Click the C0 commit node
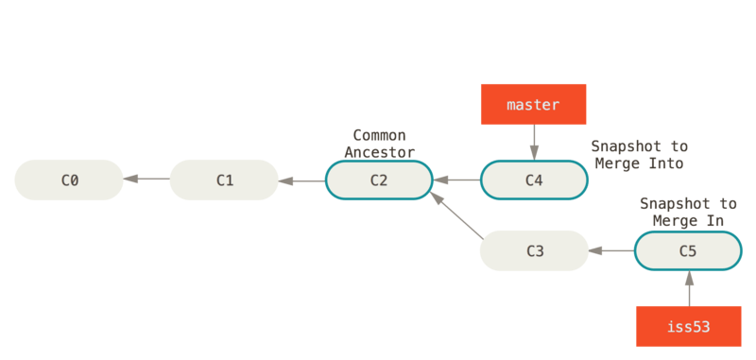coord(69,180)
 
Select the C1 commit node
coord(224,180)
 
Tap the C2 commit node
coord(379,180)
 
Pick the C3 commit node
coord(534,250)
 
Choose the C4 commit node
coord(534,180)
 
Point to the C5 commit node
coord(688,250)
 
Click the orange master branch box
coord(533,104)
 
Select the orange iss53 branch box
coord(688,326)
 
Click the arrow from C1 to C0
coord(146,180)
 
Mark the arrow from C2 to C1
coord(301,180)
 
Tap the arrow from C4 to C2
coord(456,180)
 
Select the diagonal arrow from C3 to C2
coord(455,214)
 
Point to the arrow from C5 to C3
coord(611,250)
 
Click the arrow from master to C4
coord(533,143)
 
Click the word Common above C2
coord(379,136)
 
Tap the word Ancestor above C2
coord(379,151)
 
